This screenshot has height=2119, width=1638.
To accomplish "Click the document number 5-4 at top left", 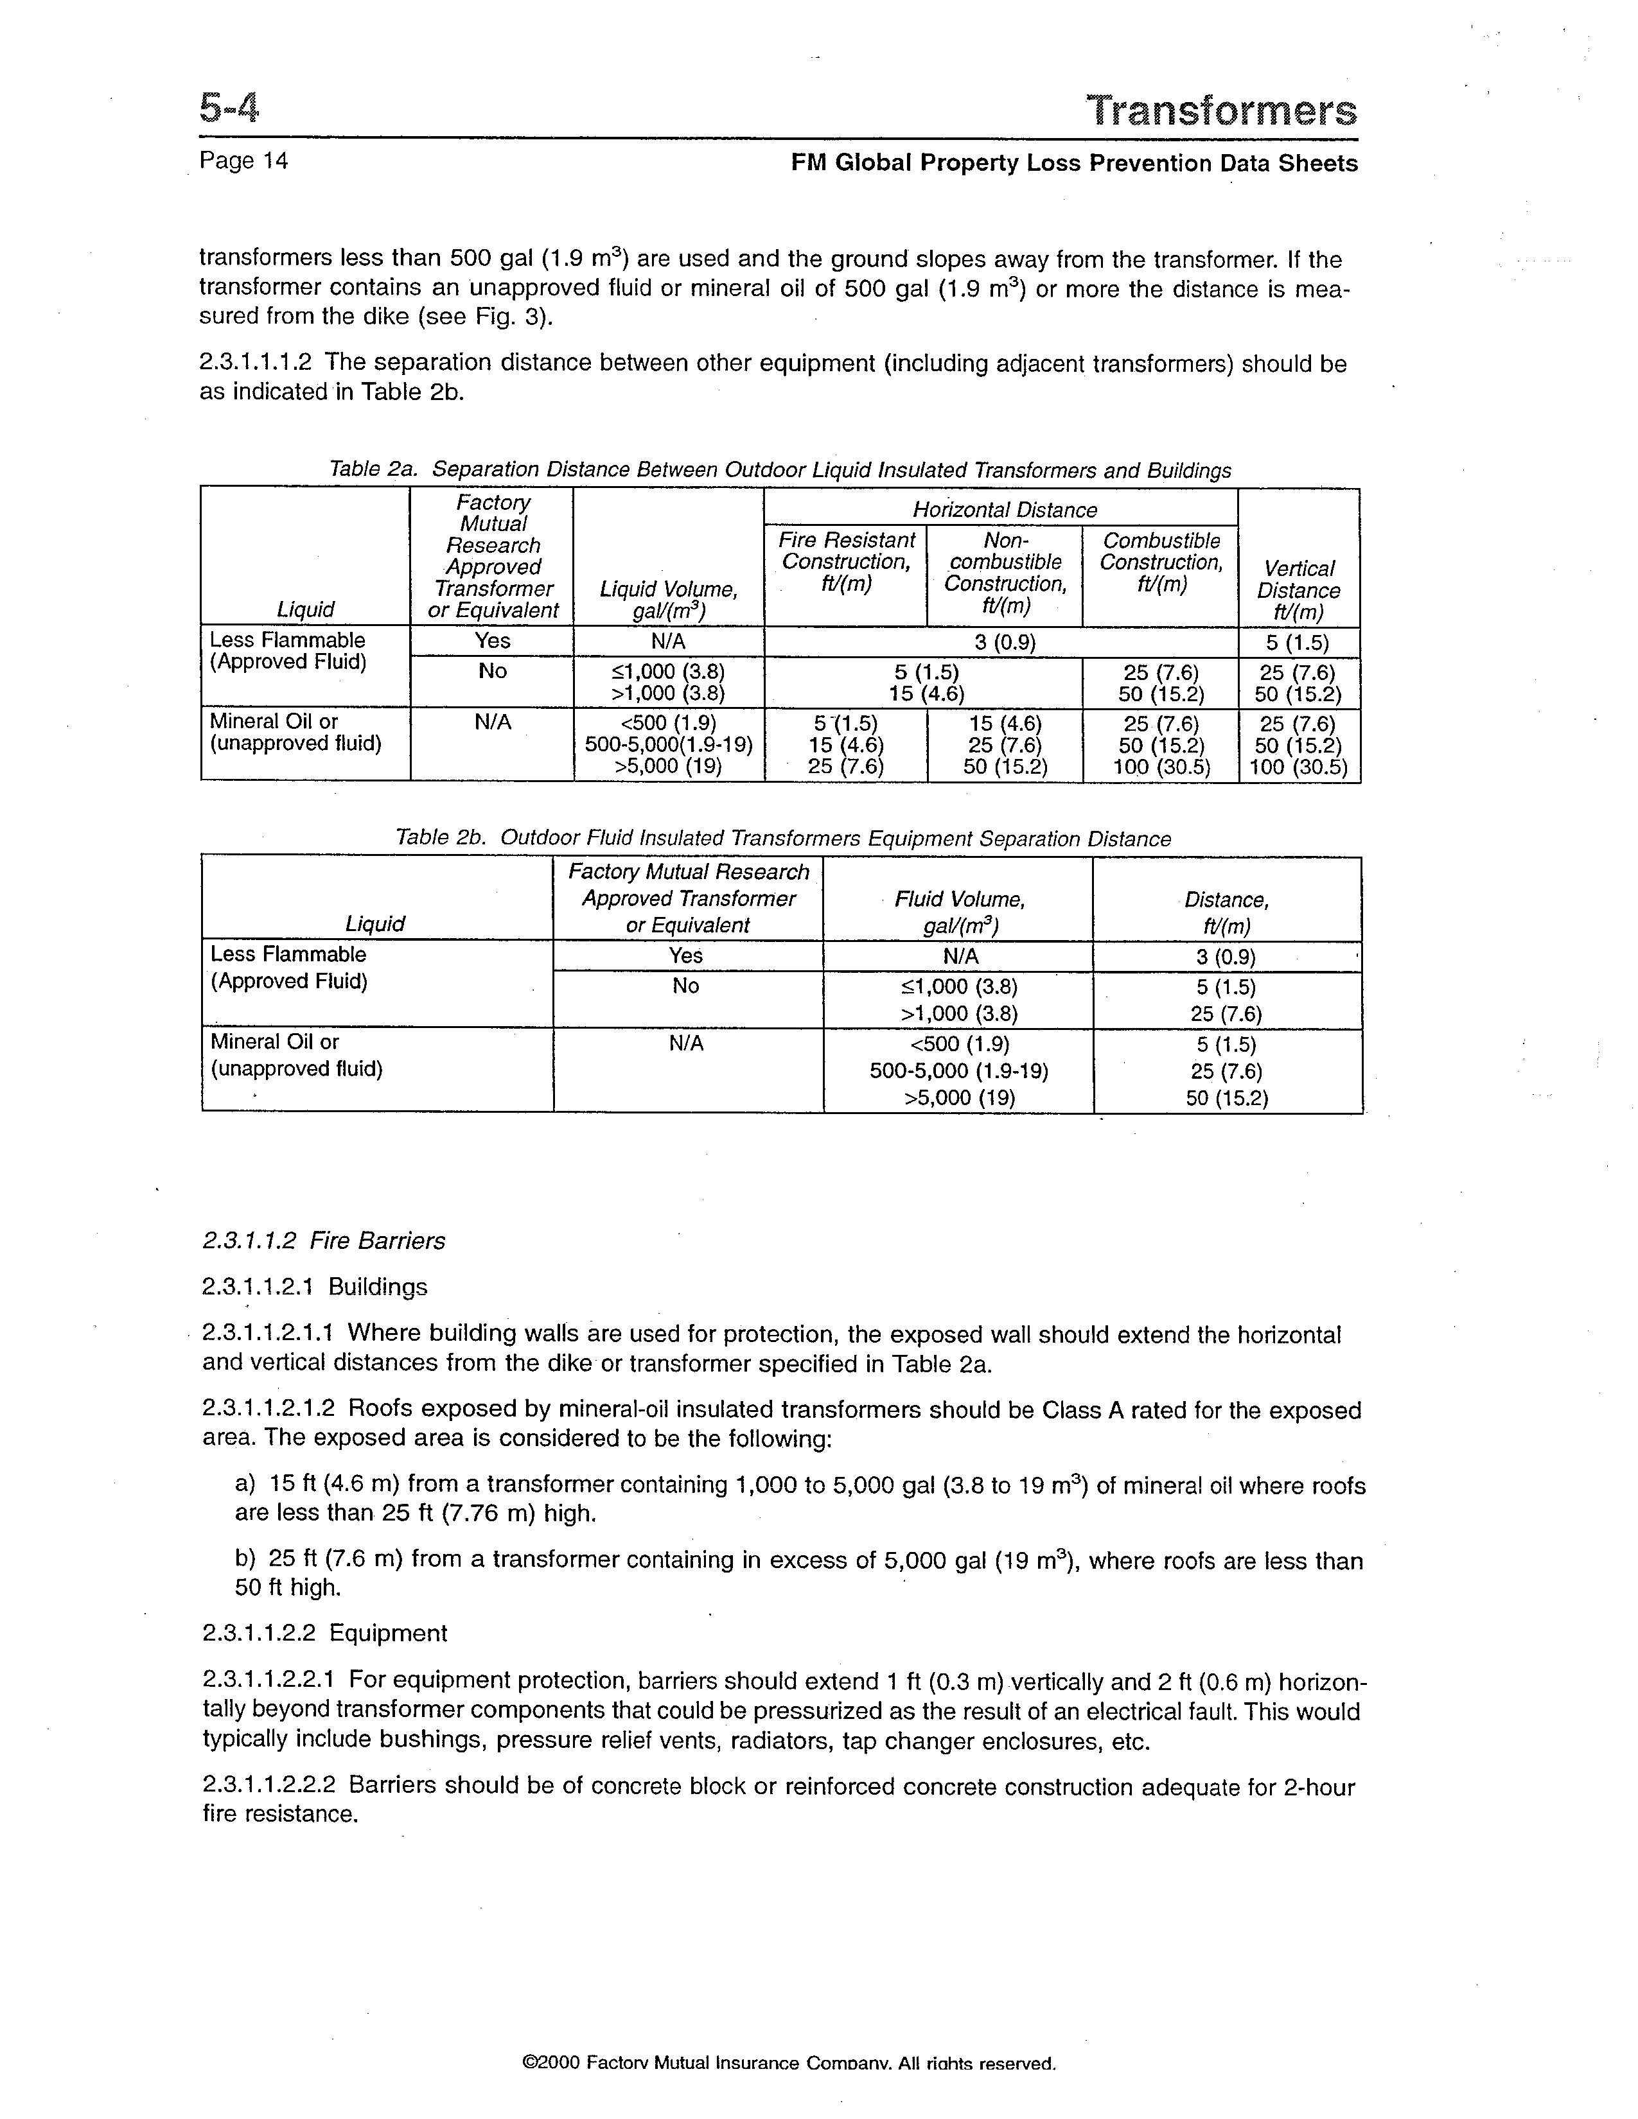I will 229,108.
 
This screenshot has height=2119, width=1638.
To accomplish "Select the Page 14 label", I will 243,161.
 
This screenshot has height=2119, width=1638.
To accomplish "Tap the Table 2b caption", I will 782,838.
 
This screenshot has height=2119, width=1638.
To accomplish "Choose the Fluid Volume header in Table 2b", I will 960,912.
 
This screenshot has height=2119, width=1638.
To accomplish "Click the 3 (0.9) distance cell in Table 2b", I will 1226,957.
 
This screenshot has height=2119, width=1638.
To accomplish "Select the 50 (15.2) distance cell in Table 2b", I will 1226,1097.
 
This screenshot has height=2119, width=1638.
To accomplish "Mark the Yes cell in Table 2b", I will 686,955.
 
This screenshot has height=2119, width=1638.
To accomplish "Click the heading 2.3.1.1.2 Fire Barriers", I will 323,1241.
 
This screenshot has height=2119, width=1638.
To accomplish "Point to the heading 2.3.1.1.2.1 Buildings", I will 314,1287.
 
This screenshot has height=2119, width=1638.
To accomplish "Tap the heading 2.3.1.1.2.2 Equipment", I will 324,1633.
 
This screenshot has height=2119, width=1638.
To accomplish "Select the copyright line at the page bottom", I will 788,2083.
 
